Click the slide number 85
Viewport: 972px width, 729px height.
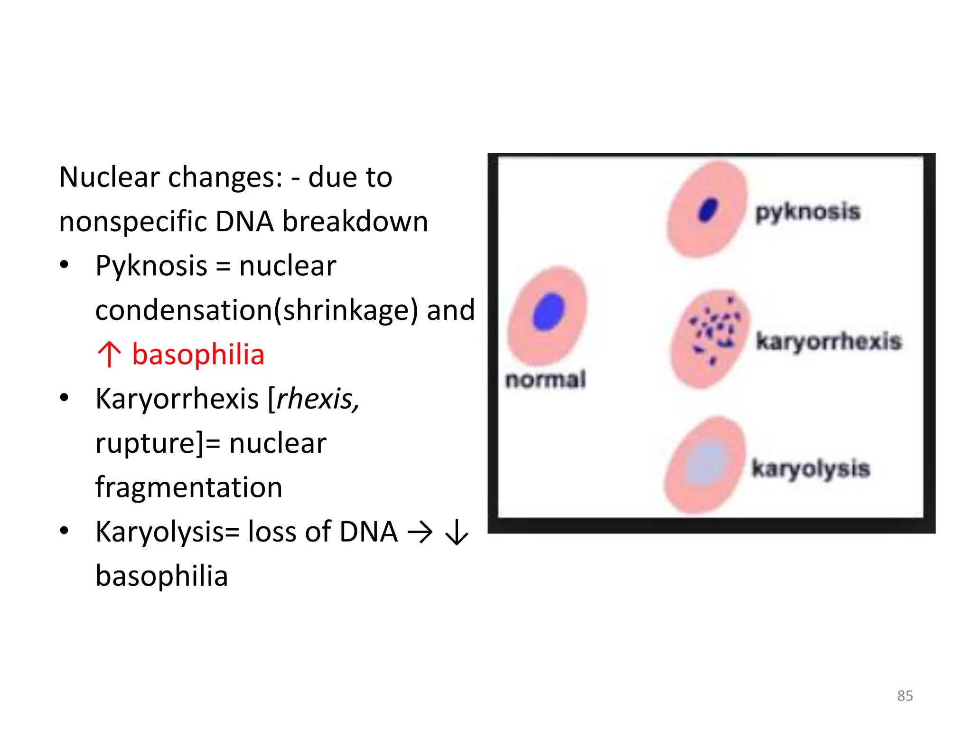pos(905,695)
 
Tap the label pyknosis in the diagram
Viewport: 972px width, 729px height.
pos(808,212)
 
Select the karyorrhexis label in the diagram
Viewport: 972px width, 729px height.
pos(829,341)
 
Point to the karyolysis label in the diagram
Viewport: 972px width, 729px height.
pos(811,469)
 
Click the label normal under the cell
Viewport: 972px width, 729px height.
pos(546,380)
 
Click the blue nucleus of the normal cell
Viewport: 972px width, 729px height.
pos(549,312)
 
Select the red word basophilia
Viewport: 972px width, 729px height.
pos(198,355)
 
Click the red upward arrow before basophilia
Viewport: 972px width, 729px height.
pos(109,354)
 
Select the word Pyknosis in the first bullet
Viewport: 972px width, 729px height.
pos(151,266)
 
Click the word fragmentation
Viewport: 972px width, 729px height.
pos(189,487)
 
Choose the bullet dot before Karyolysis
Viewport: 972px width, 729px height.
pos(64,531)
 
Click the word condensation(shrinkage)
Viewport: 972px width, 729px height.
pos(257,310)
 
